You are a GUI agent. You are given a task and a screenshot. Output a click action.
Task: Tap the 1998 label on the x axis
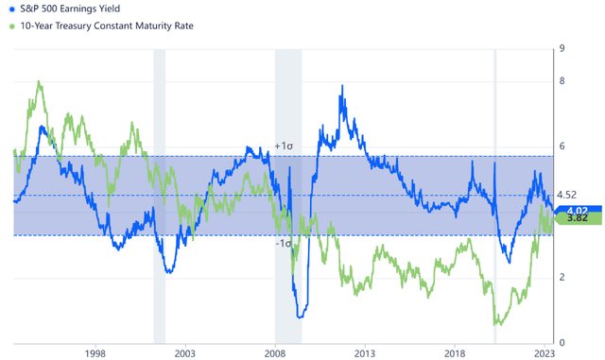click(95, 352)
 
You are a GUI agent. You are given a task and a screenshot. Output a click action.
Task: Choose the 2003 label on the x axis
click(184, 352)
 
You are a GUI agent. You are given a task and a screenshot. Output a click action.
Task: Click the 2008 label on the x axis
click(275, 352)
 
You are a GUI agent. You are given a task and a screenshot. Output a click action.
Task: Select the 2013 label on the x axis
click(366, 352)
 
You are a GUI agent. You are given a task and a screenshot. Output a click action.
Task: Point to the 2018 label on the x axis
click(457, 352)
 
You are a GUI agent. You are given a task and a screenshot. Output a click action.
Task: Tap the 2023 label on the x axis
click(545, 352)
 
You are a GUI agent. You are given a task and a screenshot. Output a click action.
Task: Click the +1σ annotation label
click(283, 146)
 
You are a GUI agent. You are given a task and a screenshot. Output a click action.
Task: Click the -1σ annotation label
click(283, 243)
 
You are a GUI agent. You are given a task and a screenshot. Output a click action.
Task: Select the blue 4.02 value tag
click(573, 210)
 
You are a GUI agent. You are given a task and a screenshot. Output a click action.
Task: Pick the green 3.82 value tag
click(573, 218)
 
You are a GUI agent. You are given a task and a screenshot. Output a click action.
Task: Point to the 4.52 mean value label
click(567, 195)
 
